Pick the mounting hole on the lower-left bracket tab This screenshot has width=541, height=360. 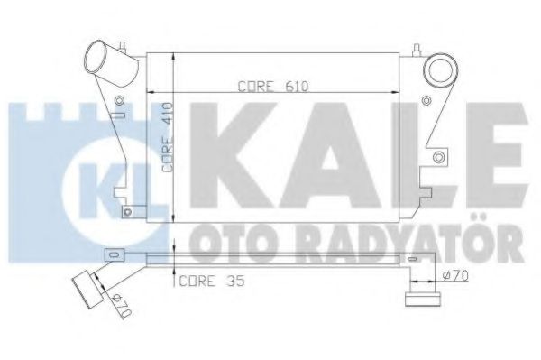point(127,213)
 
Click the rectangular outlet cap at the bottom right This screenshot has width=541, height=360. point(421,297)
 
